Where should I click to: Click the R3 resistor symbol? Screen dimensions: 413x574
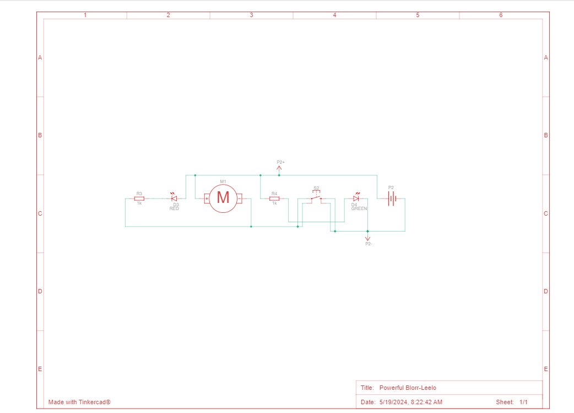[139, 199]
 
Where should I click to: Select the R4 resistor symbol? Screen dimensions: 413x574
[274, 199]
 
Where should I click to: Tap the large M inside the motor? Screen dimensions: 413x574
[223, 197]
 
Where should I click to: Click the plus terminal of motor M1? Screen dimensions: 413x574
[207, 199]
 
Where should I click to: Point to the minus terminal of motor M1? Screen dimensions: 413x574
[239, 199]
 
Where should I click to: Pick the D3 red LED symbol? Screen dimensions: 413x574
[174, 199]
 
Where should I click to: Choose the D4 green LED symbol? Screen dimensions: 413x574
[356, 199]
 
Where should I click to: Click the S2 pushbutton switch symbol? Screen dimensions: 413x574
[316, 197]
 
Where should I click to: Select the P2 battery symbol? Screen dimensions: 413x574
[391, 199]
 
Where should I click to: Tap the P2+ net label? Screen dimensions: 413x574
[280, 162]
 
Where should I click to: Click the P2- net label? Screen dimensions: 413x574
[369, 243]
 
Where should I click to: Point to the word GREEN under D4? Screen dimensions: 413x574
[359, 209]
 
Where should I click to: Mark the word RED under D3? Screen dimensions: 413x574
[174, 208]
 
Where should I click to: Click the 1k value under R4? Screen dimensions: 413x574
[274, 203]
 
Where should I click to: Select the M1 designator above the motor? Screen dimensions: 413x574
[223, 181]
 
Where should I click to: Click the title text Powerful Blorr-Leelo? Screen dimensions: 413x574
[408, 388]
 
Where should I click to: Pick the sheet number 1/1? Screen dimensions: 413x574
[523, 402]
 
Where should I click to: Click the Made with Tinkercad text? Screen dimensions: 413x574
[79, 402]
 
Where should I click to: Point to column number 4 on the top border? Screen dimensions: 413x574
[334, 15]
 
